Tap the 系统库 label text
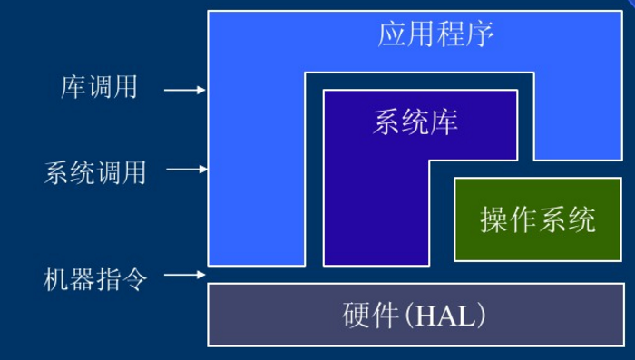point(415,122)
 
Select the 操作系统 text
point(538,219)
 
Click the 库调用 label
point(99,88)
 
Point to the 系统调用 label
point(94,172)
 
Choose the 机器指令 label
point(94,277)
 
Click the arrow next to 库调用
point(186,90)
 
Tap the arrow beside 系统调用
point(186,170)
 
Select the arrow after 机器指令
point(186,275)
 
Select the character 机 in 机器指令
point(56,277)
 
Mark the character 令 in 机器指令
point(133,277)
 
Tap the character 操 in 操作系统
point(494,219)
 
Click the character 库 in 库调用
point(73,88)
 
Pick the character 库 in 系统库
point(444,122)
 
